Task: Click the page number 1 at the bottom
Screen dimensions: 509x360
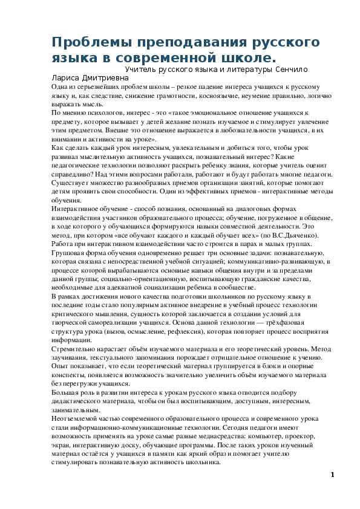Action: (332, 474)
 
